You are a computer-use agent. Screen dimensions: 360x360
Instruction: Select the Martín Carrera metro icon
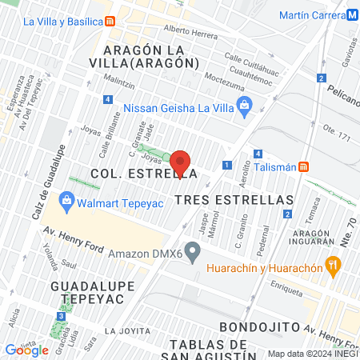coord(353,15)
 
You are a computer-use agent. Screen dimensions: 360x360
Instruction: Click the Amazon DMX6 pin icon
coord(192,253)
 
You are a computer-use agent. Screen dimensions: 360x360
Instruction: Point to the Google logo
coord(26,350)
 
